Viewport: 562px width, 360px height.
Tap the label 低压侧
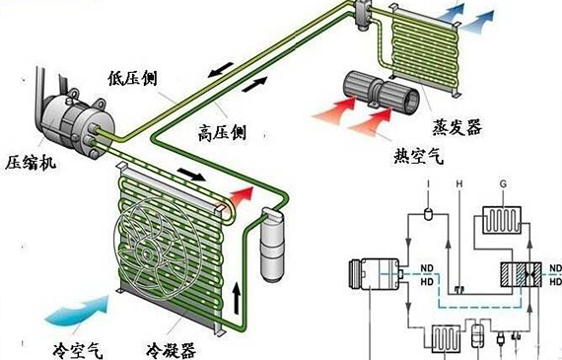134,77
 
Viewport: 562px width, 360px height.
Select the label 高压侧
223,129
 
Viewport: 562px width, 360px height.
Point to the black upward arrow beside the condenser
236,295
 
